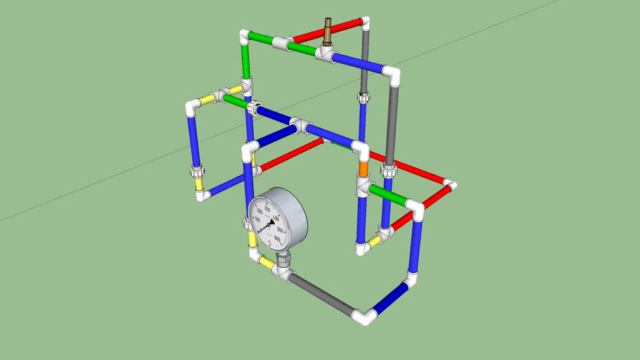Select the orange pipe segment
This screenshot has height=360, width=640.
click(363, 169)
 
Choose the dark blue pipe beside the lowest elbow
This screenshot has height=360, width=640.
click(390, 299)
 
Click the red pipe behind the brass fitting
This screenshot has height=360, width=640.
click(345, 29)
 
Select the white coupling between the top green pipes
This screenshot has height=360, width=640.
click(283, 44)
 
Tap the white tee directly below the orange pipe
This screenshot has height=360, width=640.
click(364, 187)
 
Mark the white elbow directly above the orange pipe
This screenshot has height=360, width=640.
click(361, 150)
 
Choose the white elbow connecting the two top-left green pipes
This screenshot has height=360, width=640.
click(246, 36)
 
